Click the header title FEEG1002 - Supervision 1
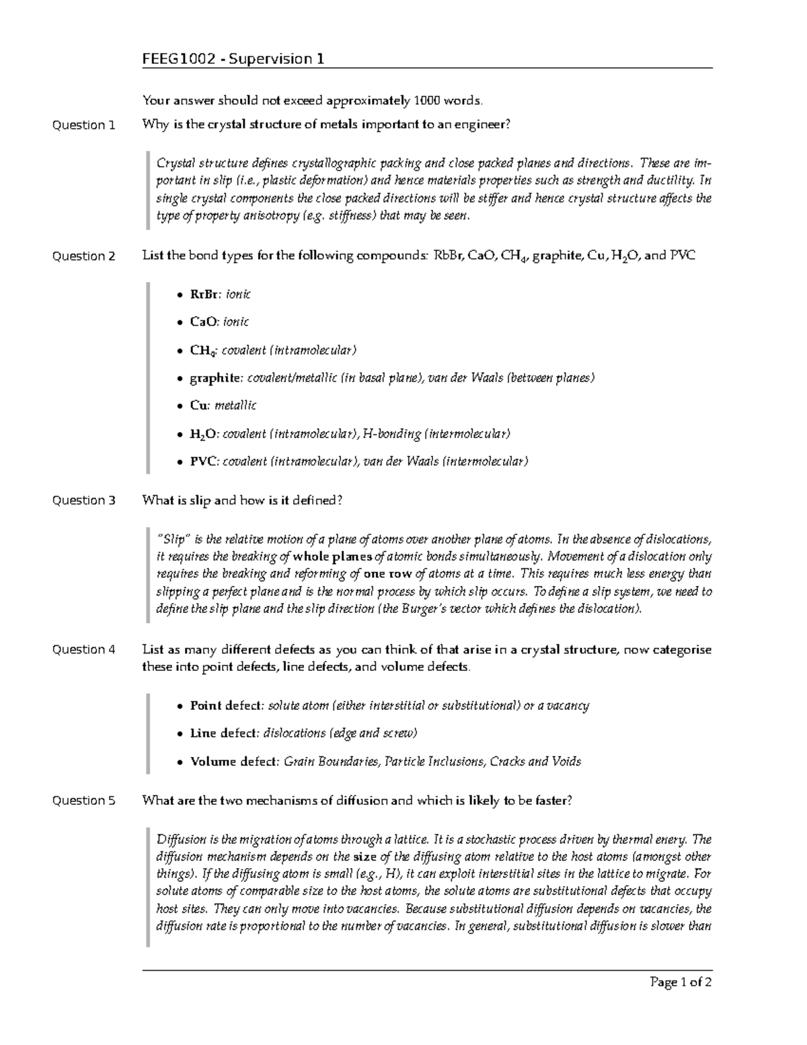tap(233, 59)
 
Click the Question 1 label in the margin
tap(83, 125)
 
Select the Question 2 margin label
tap(83, 256)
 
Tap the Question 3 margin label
tap(83, 501)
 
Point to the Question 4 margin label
tap(83, 650)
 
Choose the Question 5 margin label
tap(83, 801)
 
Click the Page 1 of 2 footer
tap(681, 982)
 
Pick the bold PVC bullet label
tap(204, 462)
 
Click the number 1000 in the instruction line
tap(426, 101)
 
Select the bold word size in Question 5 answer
tap(364, 857)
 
